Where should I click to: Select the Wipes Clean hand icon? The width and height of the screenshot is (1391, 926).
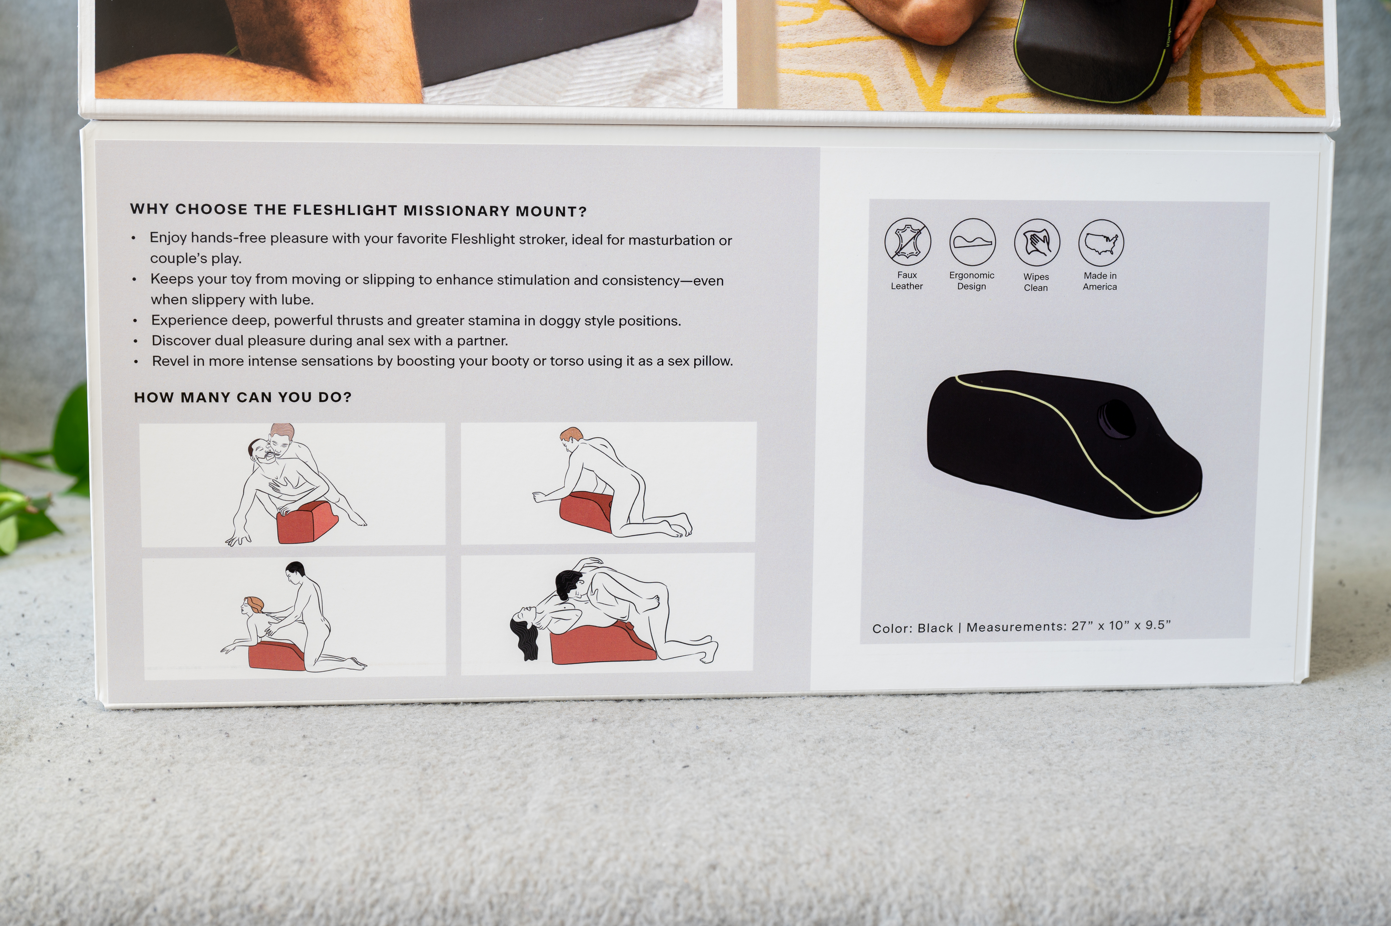(1037, 242)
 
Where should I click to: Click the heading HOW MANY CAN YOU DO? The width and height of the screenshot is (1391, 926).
(243, 397)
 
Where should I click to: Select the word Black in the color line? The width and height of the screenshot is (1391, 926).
(935, 628)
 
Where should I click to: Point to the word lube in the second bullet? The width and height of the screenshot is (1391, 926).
(297, 300)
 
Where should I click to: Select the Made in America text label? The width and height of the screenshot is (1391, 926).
(1100, 281)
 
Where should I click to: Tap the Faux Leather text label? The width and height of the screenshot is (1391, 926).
(907, 281)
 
